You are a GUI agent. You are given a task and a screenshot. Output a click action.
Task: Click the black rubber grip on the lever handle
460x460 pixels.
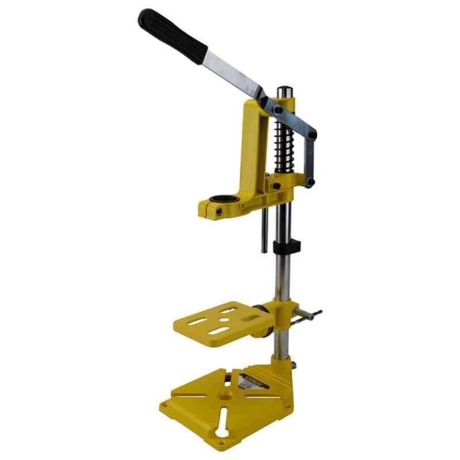pyautogui.click(x=172, y=36)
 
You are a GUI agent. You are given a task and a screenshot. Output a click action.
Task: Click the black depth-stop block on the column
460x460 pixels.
pyautogui.click(x=286, y=247)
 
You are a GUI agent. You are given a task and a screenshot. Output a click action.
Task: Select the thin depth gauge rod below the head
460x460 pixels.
pyautogui.click(x=264, y=230)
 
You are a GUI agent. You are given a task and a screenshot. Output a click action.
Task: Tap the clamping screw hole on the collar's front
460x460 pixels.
pyautogui.click(x=218, y=212)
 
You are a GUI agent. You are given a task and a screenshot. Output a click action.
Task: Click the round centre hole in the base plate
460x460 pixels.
pyautogui.click(x=225, y=396)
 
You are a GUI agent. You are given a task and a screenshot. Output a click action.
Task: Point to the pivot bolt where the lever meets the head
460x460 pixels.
pyautogui.click(x=278, y=109)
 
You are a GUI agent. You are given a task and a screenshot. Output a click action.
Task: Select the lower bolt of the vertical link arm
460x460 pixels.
pyautogui.click(x=310, y=182)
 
